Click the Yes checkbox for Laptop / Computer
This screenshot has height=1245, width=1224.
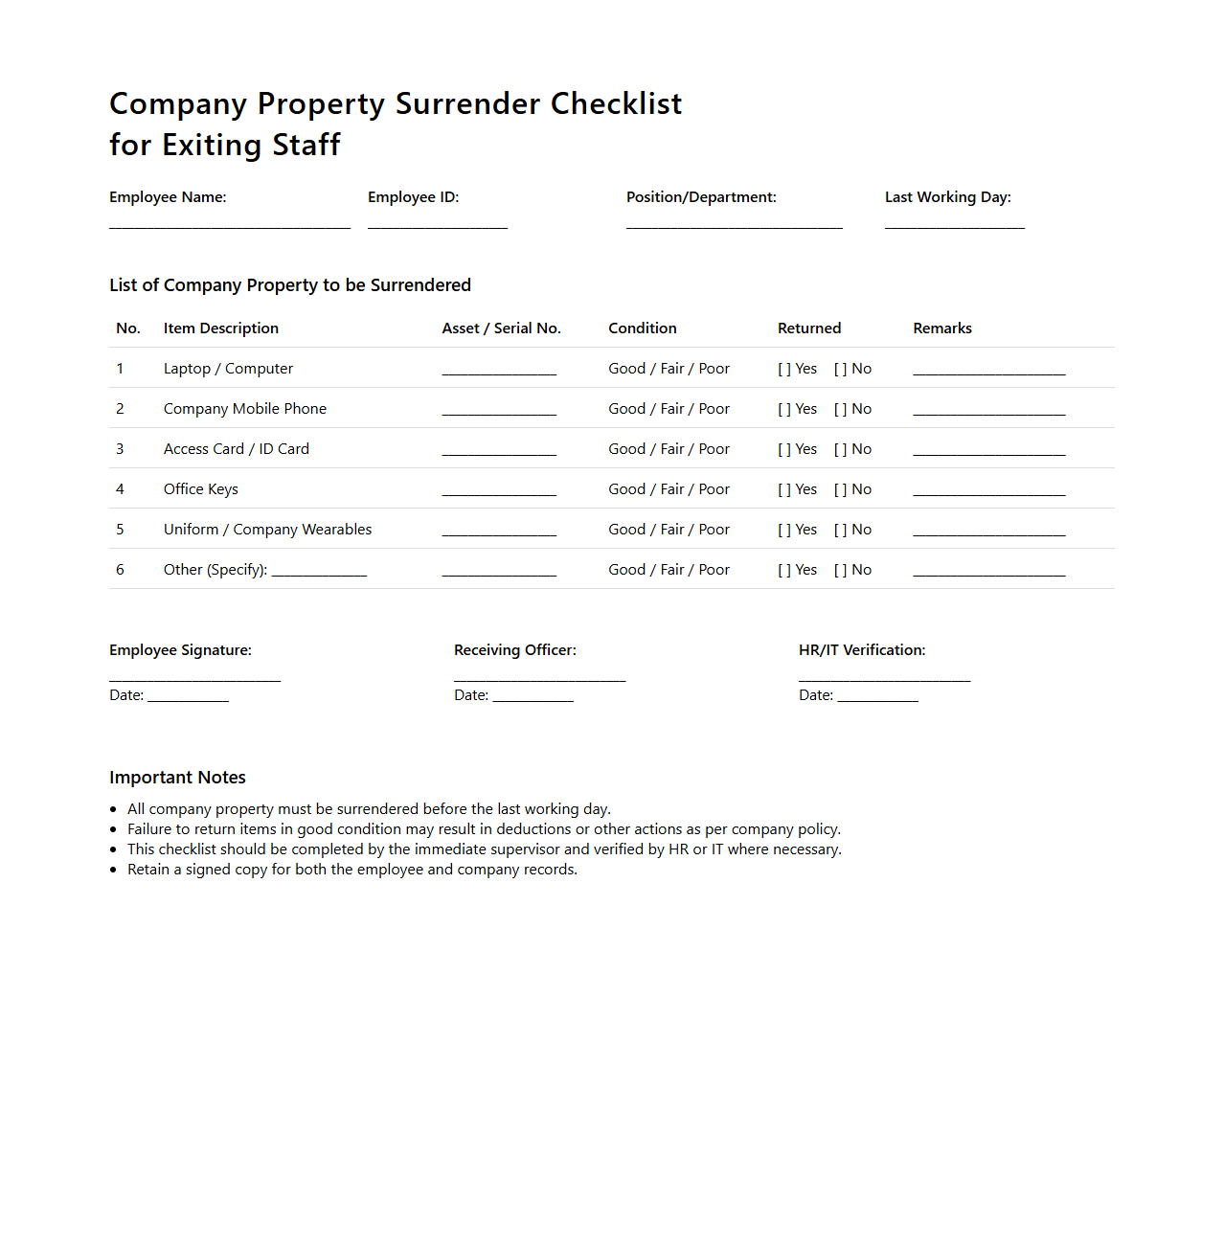784,369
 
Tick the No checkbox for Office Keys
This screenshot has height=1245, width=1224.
841,489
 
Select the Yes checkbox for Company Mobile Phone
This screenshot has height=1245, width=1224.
784,409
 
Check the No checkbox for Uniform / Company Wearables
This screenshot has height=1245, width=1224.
841,530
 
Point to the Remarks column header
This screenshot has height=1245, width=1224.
942,328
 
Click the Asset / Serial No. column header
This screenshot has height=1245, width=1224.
501,328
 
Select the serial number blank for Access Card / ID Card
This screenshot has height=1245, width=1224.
499,451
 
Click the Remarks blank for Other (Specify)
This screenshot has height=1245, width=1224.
989,572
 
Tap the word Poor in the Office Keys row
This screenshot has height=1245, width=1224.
714,489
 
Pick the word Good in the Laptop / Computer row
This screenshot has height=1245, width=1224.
626,369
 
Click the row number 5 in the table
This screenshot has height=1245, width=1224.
120,530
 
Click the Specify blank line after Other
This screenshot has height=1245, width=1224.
319,572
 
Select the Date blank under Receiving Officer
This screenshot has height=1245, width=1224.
533,698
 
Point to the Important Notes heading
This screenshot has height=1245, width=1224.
177,778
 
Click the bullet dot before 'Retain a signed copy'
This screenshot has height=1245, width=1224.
113,870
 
